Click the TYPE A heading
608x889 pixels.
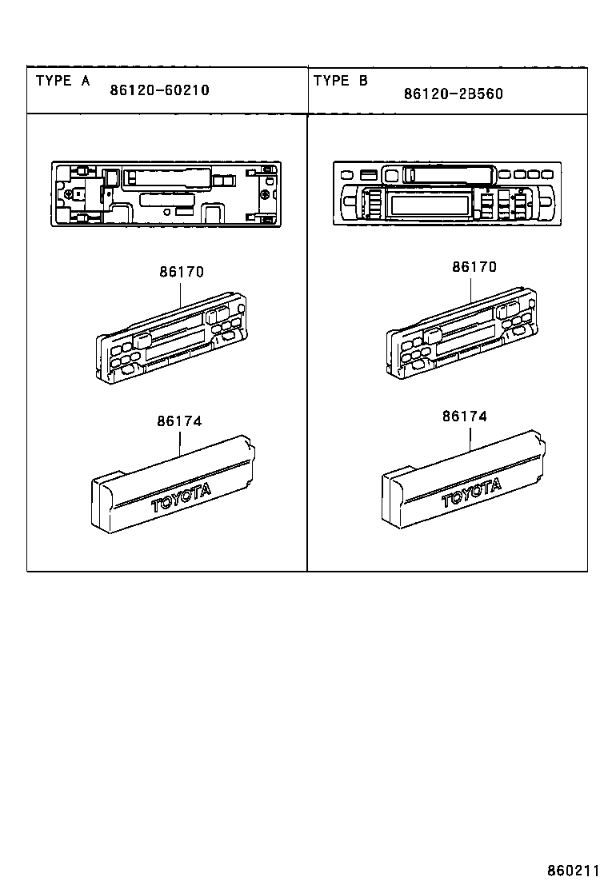[x=63, y=81]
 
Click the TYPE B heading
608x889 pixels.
[x=341, y=81]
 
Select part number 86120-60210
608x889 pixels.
[x=159, y=90]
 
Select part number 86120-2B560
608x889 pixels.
[x=454, y=94]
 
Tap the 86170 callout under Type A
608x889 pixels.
[x=181, y=272]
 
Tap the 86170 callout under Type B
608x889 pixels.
[x=474, y=266]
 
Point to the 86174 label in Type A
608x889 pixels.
[x=178, y=421]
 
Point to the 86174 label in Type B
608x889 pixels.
[x=464, y=417]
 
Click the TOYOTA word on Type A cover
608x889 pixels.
[x=182, y=496]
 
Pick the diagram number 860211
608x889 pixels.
[x=573, y=870]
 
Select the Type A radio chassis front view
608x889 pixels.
[x=166, y=193]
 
